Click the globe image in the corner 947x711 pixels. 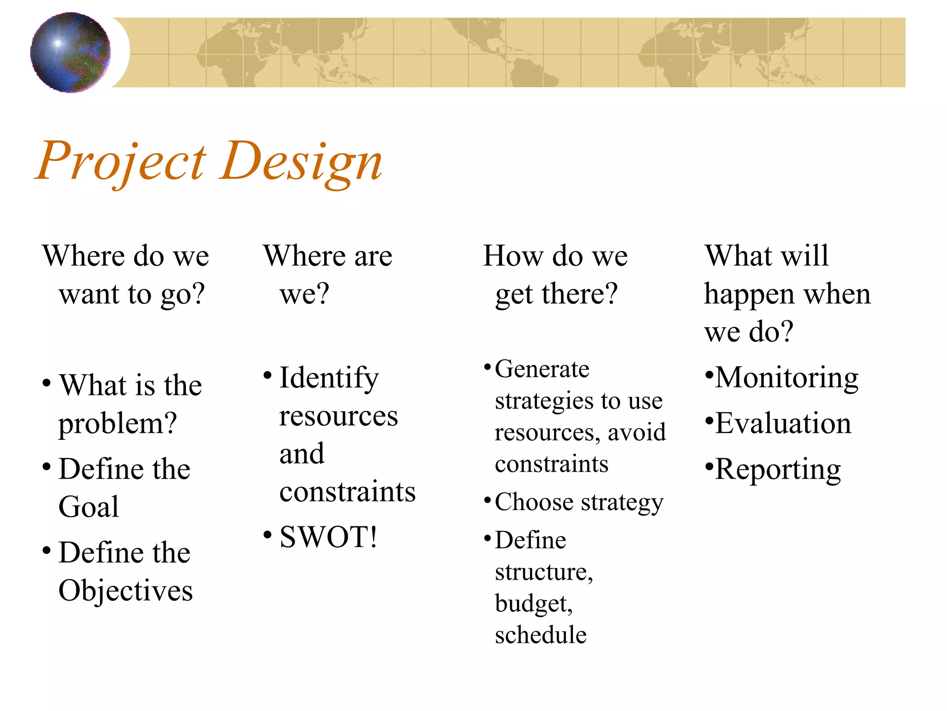click(70, 52)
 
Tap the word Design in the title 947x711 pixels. click(301, 161)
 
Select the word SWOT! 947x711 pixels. click(328, 537)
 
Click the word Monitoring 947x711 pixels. click(787, 378)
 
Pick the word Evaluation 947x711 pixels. click(783, 423)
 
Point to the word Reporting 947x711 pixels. click(778, 470)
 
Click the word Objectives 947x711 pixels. click(125, 591)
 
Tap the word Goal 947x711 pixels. click(89, 506)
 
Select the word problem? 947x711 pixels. click(117, 424)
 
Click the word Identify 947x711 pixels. click(329, 378)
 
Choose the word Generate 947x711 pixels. click(542, 369)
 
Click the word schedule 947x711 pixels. click(541, 635)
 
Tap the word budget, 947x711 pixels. click(534, 604)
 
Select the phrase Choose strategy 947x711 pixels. click(579, 502)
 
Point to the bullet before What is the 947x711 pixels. click(46, 383)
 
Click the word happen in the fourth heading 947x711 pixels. click(749, 294)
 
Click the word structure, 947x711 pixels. click(544, 572)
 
